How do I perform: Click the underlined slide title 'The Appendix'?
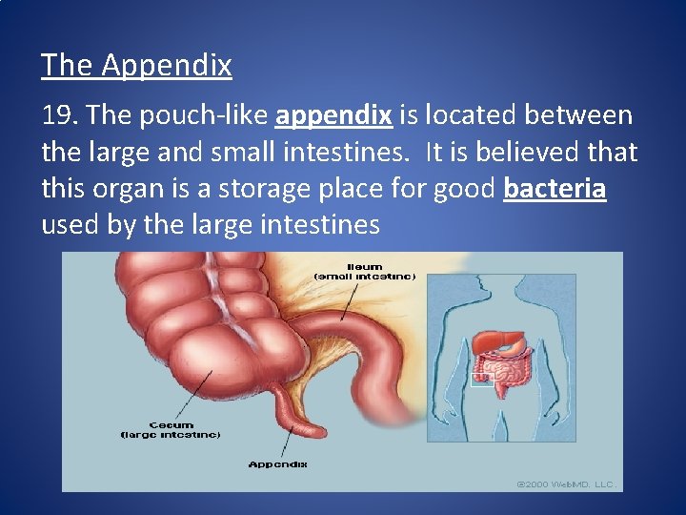point(136,65)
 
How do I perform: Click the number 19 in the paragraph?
point(60,115)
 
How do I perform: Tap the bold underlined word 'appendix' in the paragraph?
point(333,115)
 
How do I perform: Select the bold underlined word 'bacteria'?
point(555,188)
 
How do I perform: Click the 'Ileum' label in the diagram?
point(365,266)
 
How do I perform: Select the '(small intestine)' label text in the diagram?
point(365,276)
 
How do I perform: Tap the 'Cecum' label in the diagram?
point(171,424)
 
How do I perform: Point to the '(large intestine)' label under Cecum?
point(171,435)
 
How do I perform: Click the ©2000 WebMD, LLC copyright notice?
point(567,484)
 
